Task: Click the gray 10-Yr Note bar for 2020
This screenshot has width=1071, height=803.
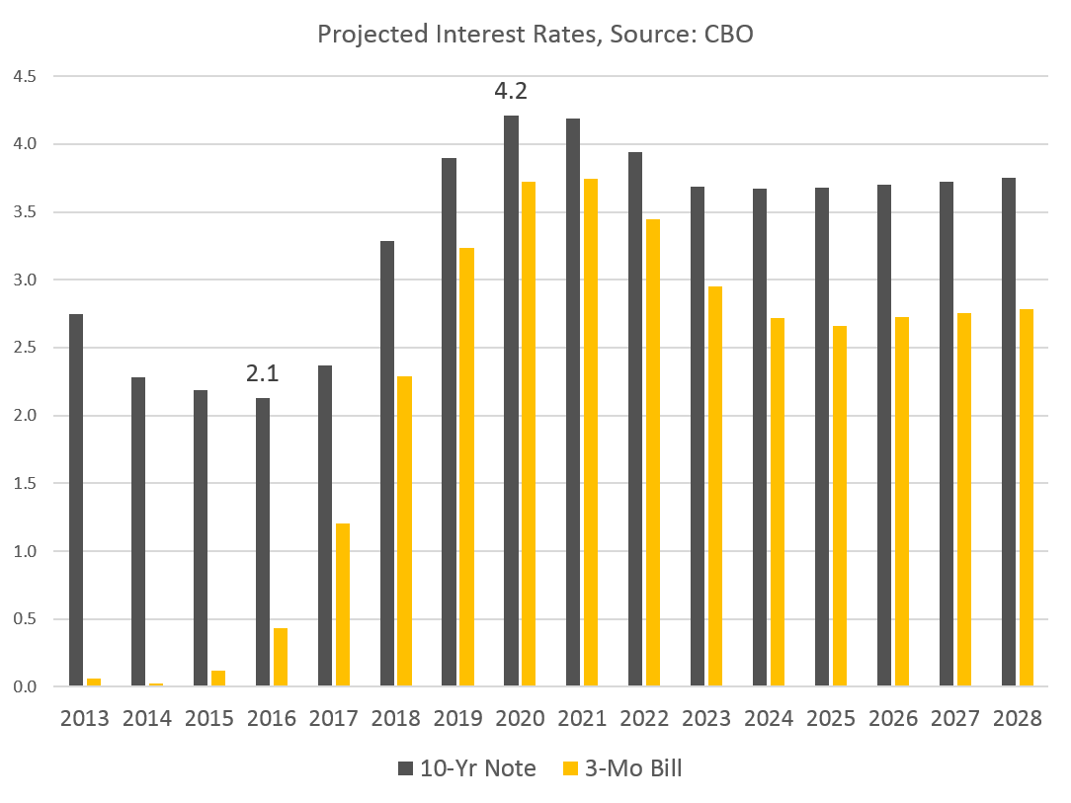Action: [x=511, y=401]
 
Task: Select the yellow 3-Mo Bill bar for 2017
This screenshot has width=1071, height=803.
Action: [x=343, y=604]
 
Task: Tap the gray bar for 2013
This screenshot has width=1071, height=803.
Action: [x=76, y=500]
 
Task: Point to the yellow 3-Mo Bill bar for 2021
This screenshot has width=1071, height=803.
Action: [x=591, y=433]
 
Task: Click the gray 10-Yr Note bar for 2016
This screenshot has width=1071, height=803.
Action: [x=263, y=542]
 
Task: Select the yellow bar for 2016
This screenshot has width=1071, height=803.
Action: [x=281, y=657]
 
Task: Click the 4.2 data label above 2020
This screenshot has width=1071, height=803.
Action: [x=511, y=92]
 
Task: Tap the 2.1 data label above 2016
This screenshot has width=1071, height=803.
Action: [x=262, y=374]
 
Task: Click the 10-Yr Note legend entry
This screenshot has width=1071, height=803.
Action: [x=465, y=768]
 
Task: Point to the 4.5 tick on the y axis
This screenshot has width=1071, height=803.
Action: [x=24, y=76]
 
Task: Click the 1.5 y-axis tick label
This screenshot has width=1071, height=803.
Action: [x=24, y=484]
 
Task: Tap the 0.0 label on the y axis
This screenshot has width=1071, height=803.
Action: [x=24, y=687]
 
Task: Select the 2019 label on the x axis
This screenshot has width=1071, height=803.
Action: [x=457, y=719]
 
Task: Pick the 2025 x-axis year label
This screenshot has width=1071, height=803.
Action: [x=831, y=719]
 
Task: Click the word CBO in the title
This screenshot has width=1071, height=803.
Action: [x=729, y=35]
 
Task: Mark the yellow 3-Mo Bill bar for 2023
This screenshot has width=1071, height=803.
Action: [x=715, y=486]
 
